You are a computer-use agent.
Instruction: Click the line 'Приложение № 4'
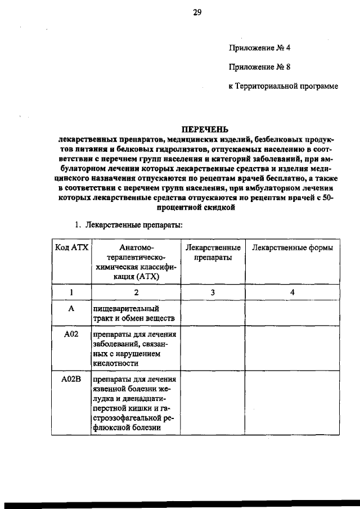[x=259, y=48]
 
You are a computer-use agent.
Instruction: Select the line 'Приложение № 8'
[x=259, y=67]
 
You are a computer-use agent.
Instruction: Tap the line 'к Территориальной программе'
[x=283, y=87]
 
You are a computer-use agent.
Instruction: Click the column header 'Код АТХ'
[x=71, y=248]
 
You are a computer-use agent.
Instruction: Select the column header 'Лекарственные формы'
[x=292, y=248]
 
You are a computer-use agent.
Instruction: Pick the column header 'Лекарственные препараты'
[x=213, y=253]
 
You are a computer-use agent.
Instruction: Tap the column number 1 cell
[x=71, y=292]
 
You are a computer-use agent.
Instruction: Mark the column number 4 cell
[x=292, y=292]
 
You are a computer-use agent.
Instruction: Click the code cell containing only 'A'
[x=71, y=309]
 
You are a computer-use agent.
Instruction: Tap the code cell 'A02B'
[x=71, y=379]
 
